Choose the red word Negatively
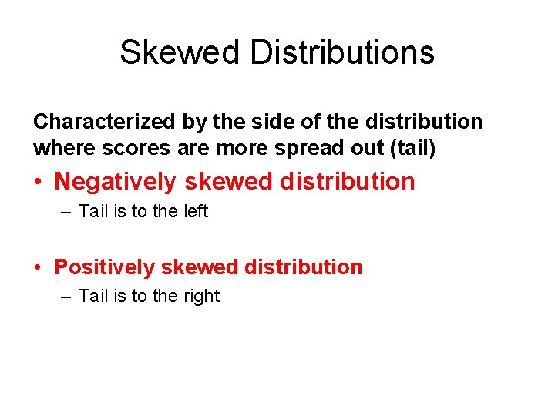(x=116, y=182)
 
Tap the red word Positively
(x=104, y=267)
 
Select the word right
(x=201, y=296)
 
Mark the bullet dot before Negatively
(x=38, y=183)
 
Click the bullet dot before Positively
(x=38, y=268)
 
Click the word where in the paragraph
(x=59, y=146)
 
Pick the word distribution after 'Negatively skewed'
(x=347, y=182)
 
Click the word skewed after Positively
(x=200, y=267)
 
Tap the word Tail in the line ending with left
(x=93, y=211)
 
